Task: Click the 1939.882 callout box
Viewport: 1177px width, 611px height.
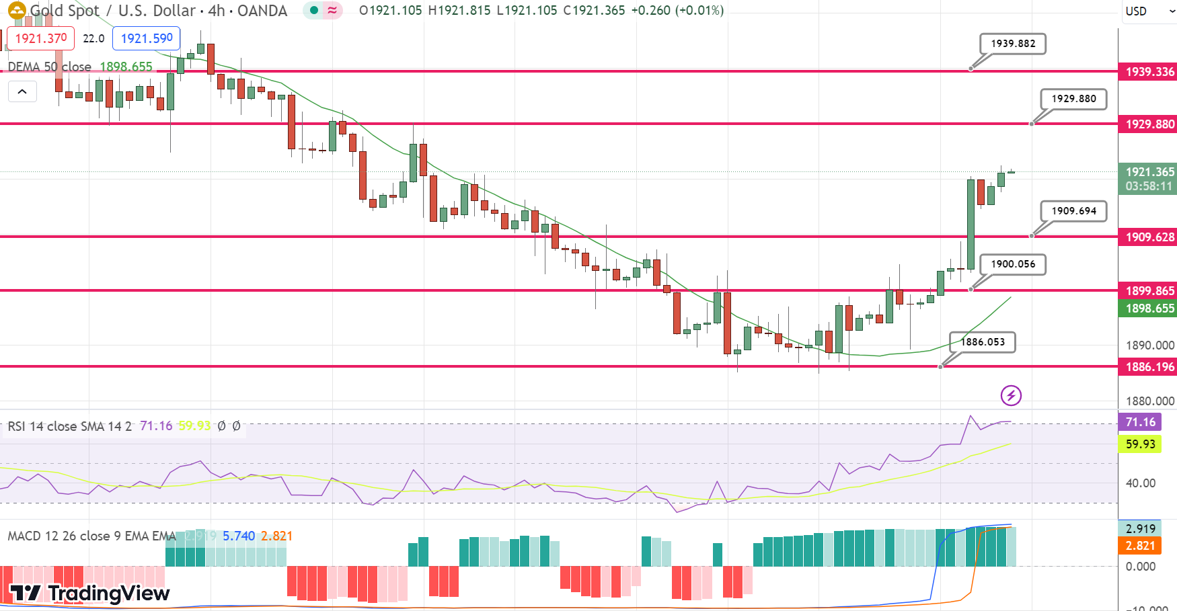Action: click(x=1013, y=44)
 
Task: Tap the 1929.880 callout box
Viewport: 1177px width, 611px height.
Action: click(x=1073, y=99)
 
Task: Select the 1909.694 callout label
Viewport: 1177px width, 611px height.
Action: click(x=1073, y=211)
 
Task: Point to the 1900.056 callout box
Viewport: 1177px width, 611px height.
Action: click(x=1013, y=264)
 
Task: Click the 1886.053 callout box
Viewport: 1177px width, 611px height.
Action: click(x=982, y=342)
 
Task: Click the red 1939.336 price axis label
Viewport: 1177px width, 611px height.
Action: click(x=1149, y=71)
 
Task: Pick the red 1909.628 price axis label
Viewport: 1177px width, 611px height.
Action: click(x=1149, y=237)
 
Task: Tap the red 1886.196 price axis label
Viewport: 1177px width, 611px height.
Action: click(x=1149, y=367)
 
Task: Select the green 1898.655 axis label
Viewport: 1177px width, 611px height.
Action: click(x=1149, y=309)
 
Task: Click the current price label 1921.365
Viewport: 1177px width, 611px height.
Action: click(x=1149, y=172)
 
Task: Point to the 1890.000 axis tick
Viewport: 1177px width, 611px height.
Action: click(x=1149, y=345)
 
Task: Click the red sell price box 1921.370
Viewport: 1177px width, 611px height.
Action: click(x=41, y=38)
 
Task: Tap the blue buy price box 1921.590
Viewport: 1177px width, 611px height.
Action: click(x=147, y=38)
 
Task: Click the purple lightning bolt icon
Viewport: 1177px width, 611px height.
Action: click(x=1011, y=395)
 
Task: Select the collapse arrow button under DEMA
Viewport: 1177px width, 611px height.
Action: click(x=22, y=91)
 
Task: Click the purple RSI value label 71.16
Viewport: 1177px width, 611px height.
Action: click(x=1140, y=422)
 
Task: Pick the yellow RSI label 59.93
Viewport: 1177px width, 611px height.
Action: click(x=1140, y=444)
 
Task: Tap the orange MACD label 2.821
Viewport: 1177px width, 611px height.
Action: click(x=1140, y=546)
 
